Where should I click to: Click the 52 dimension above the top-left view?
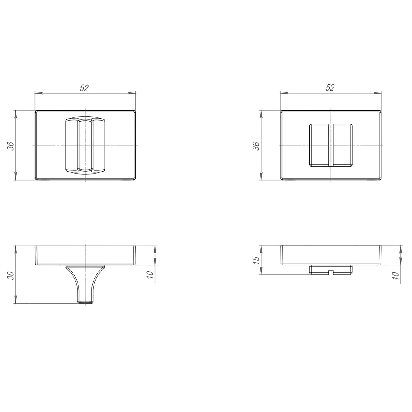coord(84,88)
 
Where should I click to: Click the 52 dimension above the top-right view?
coord(330,88)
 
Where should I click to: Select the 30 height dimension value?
coord(11,276)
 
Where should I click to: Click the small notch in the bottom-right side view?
coord(331,272)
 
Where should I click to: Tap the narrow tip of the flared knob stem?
coord(85,302)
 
